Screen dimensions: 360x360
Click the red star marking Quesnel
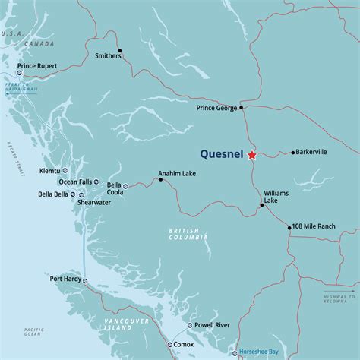coord(252,155)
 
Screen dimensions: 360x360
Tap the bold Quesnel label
coord(222,154)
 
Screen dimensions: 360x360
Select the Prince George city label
coord(217,108)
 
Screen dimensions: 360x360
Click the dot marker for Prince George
coord(242,108)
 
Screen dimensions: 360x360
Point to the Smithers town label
coord(108,55)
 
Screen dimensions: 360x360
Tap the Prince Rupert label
coord(36,65)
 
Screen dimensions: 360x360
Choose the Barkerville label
coord(311,152)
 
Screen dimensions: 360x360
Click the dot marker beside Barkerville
coord(292,153)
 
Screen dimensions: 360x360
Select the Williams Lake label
coord(276,197)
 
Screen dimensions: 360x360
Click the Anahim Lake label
coord(176,173)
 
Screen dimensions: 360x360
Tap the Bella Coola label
coord(115,188)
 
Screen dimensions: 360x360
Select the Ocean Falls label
coord(74,182)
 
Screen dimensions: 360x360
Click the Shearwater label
coord(93,203)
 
